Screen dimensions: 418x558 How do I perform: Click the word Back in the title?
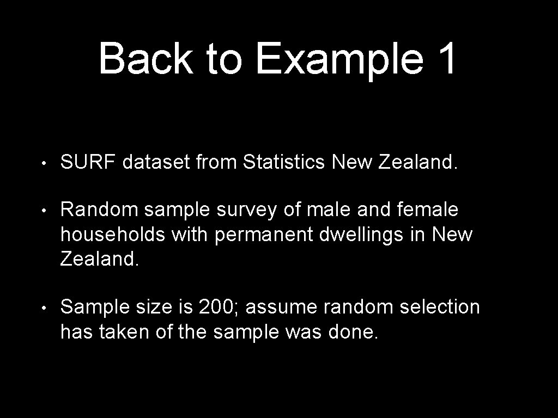click(x=145, y=59)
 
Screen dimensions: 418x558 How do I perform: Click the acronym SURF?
click(x=89, y=162)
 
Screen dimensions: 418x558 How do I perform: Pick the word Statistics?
click(x=284, y=162)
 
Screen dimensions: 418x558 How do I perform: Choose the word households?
click(x=112, y=235)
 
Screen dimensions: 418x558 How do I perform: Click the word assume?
click(x=282, y=308)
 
